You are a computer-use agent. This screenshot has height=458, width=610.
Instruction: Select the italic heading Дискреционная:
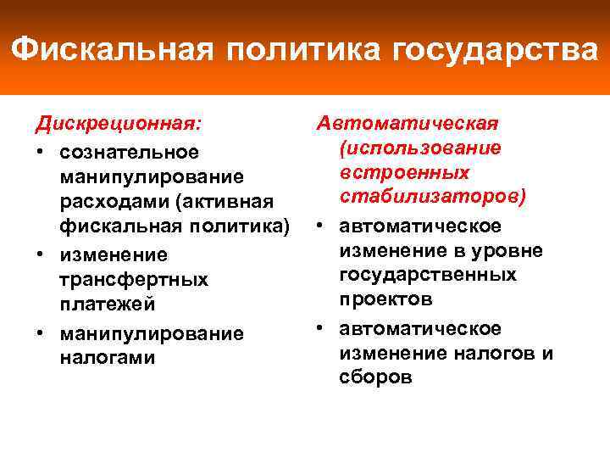tap(119, 124)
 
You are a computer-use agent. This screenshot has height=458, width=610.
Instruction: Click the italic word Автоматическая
tap(408, 124)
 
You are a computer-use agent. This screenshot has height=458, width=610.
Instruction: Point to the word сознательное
tap(130, 152)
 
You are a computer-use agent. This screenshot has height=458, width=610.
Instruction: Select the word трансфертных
tap(134, 279)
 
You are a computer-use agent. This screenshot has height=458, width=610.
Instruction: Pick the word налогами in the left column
tap(108, 357)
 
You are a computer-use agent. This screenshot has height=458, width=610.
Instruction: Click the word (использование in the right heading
tap(420, 148)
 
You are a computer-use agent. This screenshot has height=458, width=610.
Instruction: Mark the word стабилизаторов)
tap(433, 197)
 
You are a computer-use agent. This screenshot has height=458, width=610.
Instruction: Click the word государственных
tap(428, 275)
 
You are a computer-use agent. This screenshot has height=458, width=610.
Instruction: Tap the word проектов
tap(386, 299)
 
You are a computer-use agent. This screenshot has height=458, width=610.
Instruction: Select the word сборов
tap(376, 377)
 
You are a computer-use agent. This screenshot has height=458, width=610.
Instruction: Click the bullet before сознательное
tap(41, 152)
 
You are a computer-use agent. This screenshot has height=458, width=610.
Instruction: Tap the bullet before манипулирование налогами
tap(41, 332)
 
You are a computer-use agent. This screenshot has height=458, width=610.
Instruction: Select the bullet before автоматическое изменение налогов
tap(323, 328)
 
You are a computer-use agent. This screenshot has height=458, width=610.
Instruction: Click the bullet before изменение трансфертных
tap(41, 254)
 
